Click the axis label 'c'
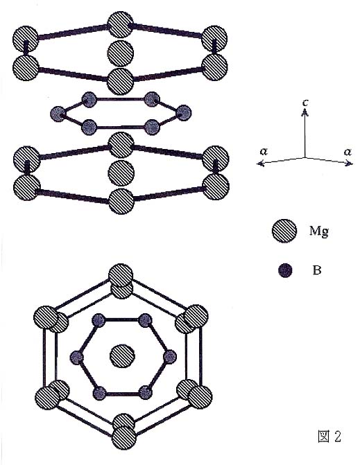tap(305, 103)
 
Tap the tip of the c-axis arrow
tap(305, 109)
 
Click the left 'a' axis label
tap(264, 152)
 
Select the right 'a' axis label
tap(348, 152)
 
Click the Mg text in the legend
tap(319, 231)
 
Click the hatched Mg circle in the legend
tap(284, 231)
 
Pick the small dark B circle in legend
tap(285, 270)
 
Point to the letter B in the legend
tap(317, 270)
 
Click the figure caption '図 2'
tap(329, 436)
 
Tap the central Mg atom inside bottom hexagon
tap(122, 356)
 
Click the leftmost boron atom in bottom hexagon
tap(77, 357)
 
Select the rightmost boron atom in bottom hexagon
tap(170, 357)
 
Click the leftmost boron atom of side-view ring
tap(58, 114)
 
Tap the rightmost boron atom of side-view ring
tap(183, 113)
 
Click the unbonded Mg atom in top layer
tap(120, 53)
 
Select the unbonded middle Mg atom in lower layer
tap(121, 173)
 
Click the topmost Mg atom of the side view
tap(120, 25)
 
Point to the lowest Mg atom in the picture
tap(124, 437)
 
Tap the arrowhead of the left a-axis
tap(259, 163)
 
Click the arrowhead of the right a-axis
tap(351, 163)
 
